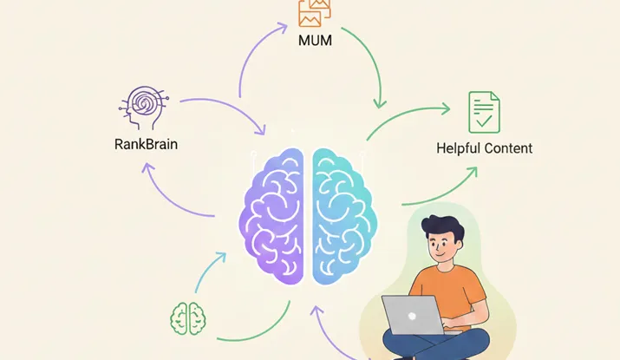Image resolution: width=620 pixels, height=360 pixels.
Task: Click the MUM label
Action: click(315, 41)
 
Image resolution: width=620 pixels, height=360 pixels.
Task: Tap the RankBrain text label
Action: click(146, 144)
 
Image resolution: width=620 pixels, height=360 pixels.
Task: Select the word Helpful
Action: click(459, 148)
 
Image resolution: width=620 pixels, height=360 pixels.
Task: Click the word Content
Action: click(508, 148)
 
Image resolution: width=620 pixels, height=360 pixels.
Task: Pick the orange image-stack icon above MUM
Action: click(315, 13)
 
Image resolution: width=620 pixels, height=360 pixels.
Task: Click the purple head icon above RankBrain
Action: click(144, 108)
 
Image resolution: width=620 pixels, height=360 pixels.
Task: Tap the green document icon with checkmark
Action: click(484, 113)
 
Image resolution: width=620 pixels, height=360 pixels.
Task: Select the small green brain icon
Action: click(188, 318)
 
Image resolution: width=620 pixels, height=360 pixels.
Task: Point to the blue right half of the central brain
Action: click(344, 216)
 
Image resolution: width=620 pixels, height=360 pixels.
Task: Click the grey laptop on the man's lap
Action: click(414, 315)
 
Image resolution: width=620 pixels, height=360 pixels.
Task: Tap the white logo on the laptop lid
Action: click(412, 316)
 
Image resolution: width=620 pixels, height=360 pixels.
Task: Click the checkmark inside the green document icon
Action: click(484, 121)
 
